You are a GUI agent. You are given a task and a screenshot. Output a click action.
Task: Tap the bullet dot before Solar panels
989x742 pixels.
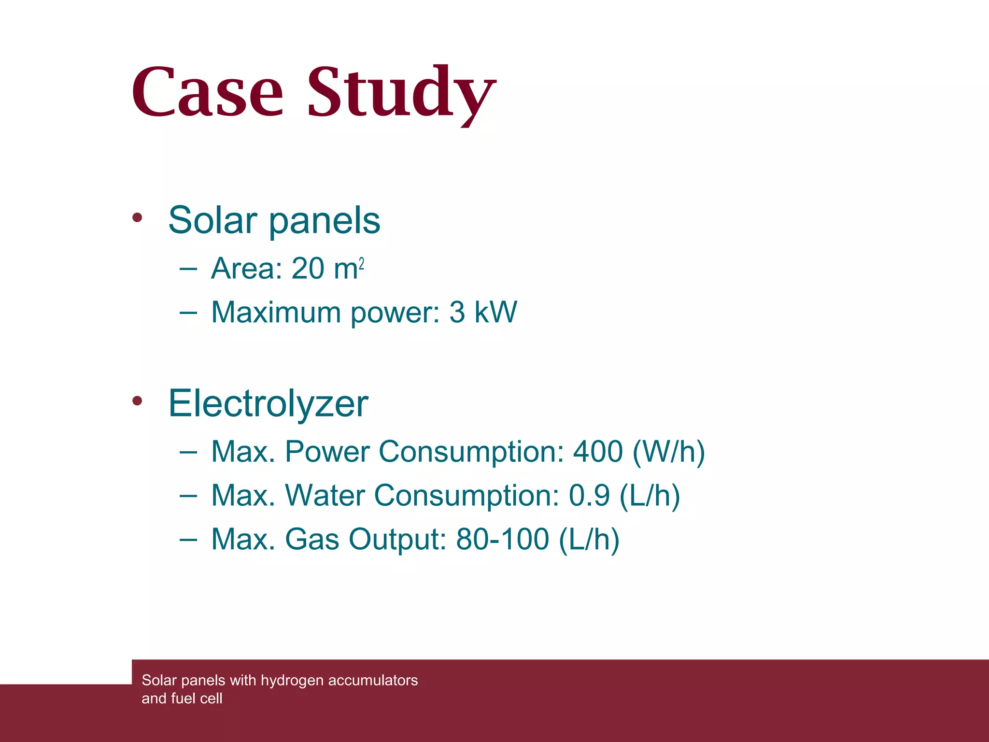tap(138, 218)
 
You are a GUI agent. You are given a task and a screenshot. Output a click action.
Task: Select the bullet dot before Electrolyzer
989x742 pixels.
tap(138, 400)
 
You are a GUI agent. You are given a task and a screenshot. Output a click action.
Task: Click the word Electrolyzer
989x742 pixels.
tap(268, 404)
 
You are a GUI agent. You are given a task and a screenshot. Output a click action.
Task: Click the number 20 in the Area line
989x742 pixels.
tap(308, 269)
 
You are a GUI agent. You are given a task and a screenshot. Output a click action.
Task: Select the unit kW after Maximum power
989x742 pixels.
tap(496, 312)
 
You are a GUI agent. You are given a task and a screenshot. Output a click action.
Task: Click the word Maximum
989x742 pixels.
tap(276, 313)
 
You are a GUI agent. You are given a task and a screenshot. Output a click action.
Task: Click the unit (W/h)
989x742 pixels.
tap(669, 452)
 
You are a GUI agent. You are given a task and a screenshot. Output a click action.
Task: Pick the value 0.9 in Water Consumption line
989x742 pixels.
tap(589, 496)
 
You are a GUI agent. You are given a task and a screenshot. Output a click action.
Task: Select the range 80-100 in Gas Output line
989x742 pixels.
tap(503, 539)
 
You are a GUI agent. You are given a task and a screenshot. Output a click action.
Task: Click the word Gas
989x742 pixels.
tap(312, 539)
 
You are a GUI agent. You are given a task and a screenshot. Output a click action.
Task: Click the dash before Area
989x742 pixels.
tap(188, 269)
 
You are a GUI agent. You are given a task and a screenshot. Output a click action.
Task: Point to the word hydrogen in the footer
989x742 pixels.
tap(292, 680)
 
